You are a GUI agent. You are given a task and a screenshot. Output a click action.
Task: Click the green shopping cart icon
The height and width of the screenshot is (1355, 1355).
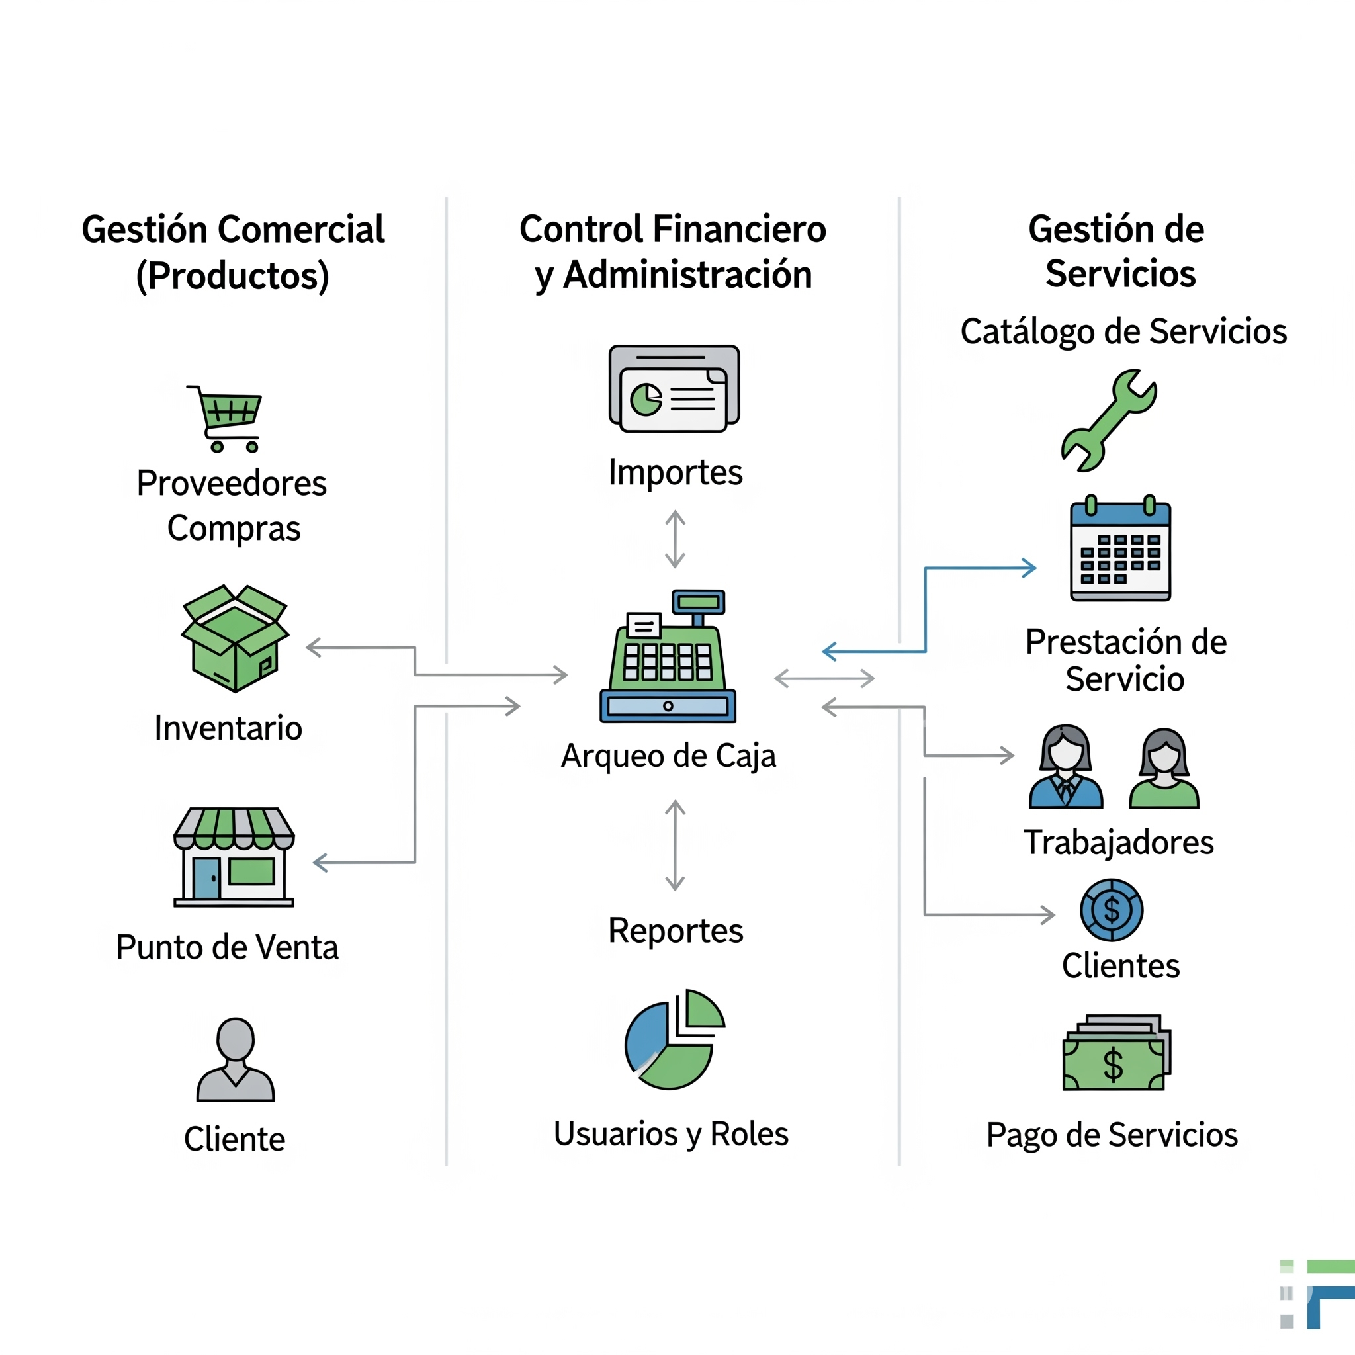(x=226, y=419)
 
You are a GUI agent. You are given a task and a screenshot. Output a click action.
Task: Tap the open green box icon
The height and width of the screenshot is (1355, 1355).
(x=235, y=638)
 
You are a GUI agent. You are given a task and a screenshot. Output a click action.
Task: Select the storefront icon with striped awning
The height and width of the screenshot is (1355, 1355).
(x=234, y=857)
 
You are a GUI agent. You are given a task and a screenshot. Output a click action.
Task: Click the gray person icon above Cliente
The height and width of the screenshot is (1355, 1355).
(x=235, y=1059)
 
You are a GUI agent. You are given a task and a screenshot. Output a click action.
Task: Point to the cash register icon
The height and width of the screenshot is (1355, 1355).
(x=668, y=657)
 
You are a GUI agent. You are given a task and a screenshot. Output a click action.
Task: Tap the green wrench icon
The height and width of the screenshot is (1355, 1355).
(x=1108, y=419)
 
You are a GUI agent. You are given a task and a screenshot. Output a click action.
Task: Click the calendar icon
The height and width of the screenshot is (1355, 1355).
(x=1120, y=549)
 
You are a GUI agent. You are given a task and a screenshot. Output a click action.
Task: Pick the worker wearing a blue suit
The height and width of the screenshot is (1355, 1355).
(x=1065, y=767)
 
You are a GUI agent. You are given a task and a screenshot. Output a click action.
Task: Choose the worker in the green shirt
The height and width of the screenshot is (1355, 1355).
(x=1164, y=769)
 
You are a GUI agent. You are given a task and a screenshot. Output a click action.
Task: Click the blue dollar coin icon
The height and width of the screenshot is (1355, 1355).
(x=1111, y=910)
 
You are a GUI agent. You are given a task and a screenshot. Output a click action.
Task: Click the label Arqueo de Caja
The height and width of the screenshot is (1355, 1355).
(x=668, y=756)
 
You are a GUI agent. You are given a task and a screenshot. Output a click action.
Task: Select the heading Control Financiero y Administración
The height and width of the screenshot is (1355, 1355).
(x=673, y=251)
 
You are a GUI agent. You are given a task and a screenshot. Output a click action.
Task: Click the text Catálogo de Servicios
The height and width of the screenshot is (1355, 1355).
(x=1123, y=331)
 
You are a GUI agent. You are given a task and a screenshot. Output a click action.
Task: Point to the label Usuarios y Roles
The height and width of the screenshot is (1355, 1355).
(x=670, y=1134)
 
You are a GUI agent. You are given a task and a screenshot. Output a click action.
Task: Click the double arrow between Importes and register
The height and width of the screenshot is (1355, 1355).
(x=675, y=539)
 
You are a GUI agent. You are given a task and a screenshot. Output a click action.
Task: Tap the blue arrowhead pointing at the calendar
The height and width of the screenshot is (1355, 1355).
(x=1029, y=568)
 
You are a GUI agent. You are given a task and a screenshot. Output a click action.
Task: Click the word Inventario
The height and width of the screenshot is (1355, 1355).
(x=229, y=728)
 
